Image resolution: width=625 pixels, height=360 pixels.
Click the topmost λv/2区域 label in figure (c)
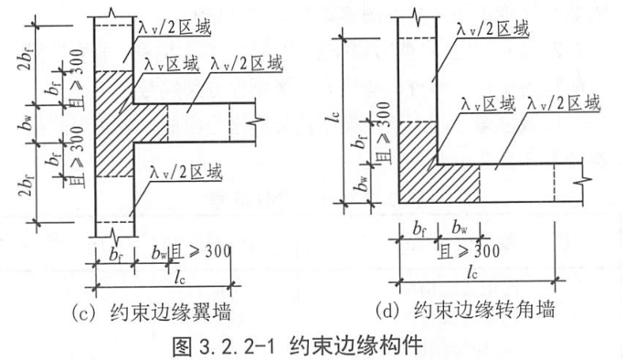pos(174,28)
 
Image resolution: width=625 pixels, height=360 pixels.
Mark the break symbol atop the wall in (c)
pos(115,12)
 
